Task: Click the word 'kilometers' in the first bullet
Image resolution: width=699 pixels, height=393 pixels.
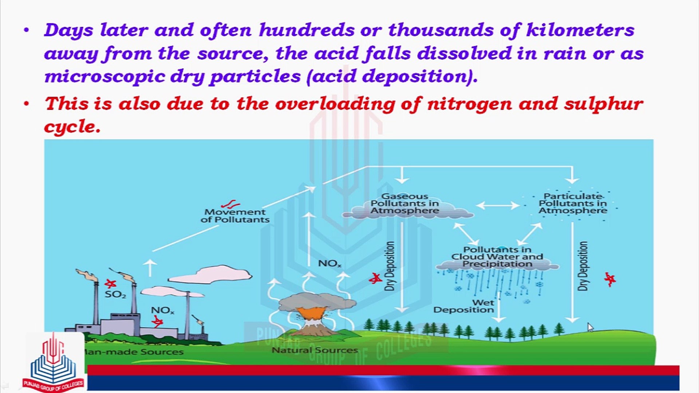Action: point(580,30)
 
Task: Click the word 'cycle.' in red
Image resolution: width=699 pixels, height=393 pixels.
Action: point(72,127)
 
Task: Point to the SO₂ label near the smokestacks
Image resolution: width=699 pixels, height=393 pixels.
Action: point(115,294)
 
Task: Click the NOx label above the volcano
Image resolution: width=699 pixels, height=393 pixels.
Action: point(329,263)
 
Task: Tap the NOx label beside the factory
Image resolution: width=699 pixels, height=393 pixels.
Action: point(162,310)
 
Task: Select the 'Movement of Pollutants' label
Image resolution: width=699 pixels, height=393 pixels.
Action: point(235,216)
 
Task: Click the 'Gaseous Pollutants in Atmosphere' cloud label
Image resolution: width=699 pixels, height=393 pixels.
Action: point(405,203)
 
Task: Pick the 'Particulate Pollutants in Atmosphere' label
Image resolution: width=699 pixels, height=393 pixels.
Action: point(573,203)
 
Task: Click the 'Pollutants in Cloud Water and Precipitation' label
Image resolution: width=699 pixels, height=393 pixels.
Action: point(497,257)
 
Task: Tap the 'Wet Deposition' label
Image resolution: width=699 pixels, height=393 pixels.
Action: point(464,306)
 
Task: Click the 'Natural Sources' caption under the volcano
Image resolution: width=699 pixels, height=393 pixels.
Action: point(315,350)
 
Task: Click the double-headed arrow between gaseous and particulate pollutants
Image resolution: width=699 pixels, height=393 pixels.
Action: point(498,206)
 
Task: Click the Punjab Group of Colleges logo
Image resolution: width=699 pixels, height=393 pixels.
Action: point(54,364)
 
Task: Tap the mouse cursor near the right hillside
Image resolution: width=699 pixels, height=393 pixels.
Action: point(590,327)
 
